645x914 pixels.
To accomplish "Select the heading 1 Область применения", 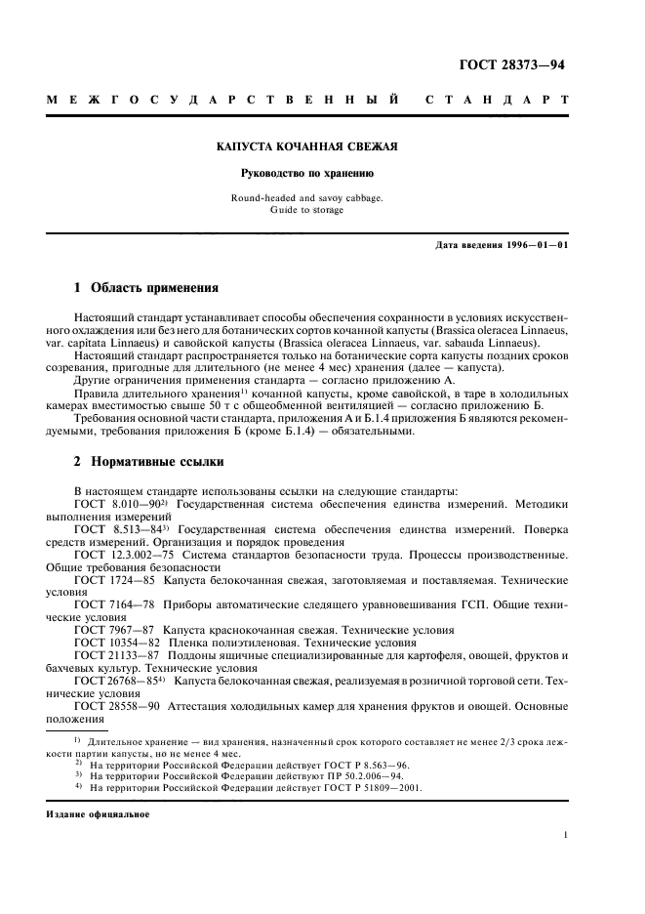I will [x=145, y=288].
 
